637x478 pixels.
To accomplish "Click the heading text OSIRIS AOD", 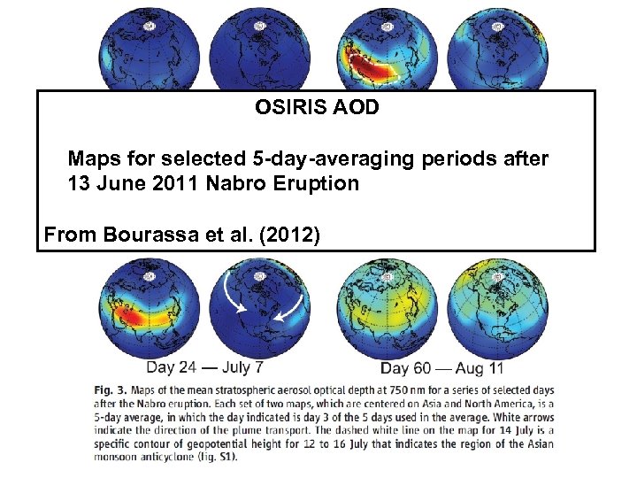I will (x=317, y=108).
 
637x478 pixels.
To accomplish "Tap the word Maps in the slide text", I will (x=93, y=159).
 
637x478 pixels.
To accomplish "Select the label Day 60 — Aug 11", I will (x=441, y=367).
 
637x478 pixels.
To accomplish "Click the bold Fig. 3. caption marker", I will (x=109, y=390).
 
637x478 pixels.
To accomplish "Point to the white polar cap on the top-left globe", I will (x=150, y=27).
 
